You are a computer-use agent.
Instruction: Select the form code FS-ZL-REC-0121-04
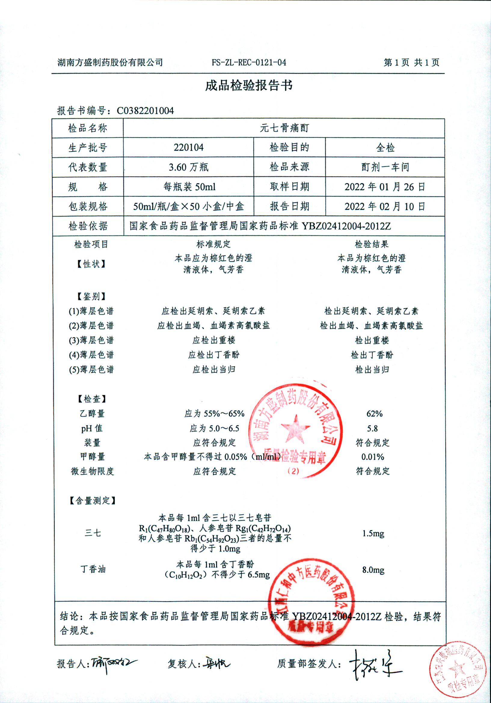(x=249, y=63)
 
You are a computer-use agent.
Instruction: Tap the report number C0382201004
(x=145, y=111)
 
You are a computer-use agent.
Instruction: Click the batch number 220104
(x=189, y=148)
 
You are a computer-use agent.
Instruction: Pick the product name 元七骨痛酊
(x=284, y=128)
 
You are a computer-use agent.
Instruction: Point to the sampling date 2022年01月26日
(x=385, y=187)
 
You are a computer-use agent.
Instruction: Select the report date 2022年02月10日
(x=385, y=206)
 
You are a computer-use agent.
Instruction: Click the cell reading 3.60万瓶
(x=189, y=167)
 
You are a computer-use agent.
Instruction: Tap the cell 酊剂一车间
(x=385, y=167)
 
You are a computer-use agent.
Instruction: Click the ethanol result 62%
(x=374, y=414)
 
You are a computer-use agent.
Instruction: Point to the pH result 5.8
(x=372, y=428)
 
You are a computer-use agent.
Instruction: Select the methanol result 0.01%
(x=373, y=457)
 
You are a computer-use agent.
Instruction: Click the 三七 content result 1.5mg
(x=373, y=533)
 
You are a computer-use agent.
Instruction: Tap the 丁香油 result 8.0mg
(x=373, y=570)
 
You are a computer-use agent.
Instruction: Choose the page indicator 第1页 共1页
(x=411, y=63)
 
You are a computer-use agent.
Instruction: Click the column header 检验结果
(x=372, y=244)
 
